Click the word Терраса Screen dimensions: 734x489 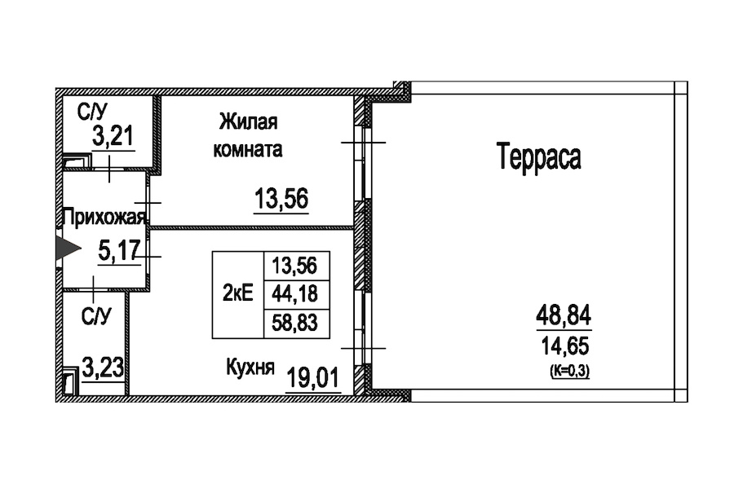(538, 157)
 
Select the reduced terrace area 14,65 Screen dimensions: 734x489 (565, 346)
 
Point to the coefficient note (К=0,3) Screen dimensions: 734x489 (570, 371)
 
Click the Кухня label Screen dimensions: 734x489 (250, 368)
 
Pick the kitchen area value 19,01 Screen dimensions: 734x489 (312, 377)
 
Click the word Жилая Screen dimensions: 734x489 (248, 121)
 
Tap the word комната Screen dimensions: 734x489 (248, 150)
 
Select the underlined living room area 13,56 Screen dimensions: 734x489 (281, 198)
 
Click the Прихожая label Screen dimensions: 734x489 (104, 218)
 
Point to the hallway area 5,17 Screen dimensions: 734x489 (119, 251)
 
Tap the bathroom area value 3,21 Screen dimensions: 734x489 (113, 136)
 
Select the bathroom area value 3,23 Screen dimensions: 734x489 (104, 367)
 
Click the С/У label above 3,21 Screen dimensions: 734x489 (92, 112)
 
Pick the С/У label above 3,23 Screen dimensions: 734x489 (96, 317)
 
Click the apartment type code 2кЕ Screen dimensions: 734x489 (238, 293)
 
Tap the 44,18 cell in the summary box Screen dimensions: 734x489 (294, 294)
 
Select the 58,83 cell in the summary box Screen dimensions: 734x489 (294, 323)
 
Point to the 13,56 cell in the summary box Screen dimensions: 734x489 (294, 266)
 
